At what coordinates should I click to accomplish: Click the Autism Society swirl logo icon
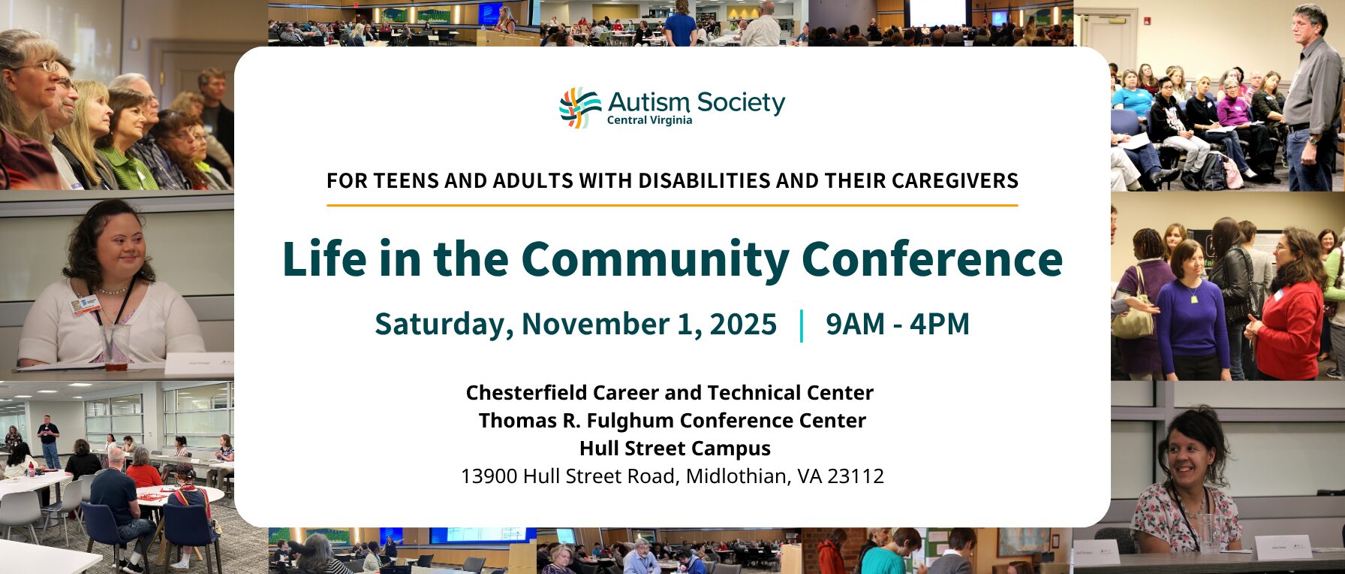tap(580, 107)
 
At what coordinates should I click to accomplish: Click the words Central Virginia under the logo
tap(649, 120)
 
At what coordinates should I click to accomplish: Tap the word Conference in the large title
tap(932, 259)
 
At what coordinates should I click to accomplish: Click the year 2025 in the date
tap(743, 324)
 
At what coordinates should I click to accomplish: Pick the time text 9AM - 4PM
tap(898, 324)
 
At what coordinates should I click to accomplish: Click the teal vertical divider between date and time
tap(802, 325)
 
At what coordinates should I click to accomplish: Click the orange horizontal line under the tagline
tap(672, 205)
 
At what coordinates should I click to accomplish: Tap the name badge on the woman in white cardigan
tap(85, 304)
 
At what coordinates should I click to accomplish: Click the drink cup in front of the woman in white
tap(116, 347)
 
